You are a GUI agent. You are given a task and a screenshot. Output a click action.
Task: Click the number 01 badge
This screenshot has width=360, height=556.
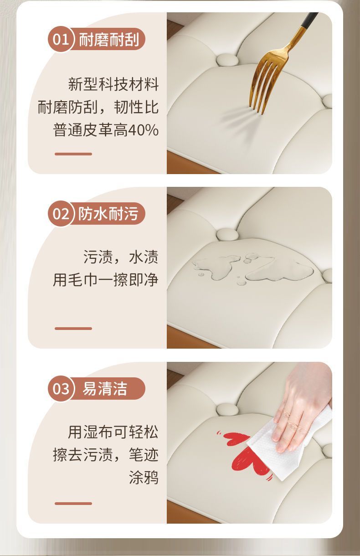61,39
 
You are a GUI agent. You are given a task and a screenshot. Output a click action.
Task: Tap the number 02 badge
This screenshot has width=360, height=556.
61,214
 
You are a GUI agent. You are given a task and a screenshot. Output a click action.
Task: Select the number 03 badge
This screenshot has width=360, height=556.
61,388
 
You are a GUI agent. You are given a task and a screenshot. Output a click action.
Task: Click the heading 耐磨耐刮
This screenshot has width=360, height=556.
109,40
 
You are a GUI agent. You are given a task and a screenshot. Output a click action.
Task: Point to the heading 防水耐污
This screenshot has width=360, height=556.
108,214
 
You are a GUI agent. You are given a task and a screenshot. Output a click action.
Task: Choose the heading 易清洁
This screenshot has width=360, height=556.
104,388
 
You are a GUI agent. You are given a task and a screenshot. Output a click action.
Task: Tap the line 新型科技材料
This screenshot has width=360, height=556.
113,84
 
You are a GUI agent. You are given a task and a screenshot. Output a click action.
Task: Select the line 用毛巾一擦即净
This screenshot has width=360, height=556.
106,280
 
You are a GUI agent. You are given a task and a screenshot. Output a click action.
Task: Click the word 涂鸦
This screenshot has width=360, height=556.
144,477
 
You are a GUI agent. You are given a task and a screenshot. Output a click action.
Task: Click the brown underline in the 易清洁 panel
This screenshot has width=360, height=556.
73,504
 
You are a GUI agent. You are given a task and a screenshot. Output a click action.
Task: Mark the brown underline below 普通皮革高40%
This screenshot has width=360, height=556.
73,154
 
